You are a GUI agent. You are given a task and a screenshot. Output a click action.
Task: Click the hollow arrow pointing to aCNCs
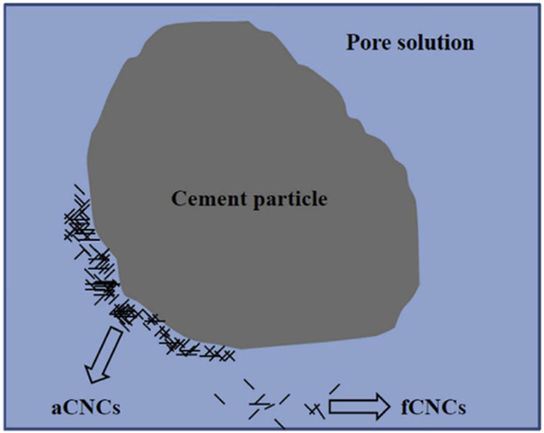pos(104,354)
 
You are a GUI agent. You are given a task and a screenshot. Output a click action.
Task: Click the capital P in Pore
pos(353,43)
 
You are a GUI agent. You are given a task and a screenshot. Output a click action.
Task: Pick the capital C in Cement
pos(178,199)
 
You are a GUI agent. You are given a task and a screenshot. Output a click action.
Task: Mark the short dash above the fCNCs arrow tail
pos(334,388)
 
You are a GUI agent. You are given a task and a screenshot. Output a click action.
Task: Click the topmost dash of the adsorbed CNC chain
pos(79,189)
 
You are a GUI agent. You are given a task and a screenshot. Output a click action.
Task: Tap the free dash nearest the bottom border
pos(279,423)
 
